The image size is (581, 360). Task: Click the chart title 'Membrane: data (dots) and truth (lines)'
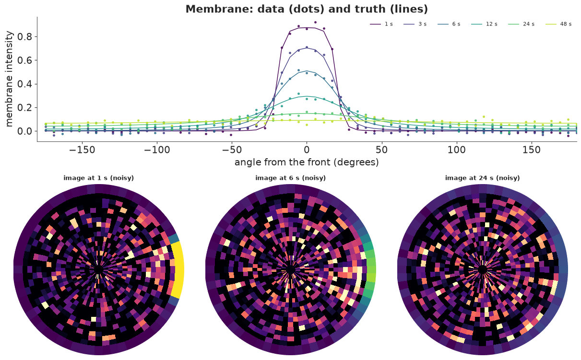click(x=307, y=9)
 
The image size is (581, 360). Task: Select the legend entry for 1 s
click(x=381, y=24)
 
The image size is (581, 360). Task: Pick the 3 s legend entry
click(x=415, y=24)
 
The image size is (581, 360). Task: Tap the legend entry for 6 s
click(x=449, y=24)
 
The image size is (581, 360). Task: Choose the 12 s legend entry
click(x=484, y=24)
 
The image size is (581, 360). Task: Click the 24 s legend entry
click(x=522, y=24)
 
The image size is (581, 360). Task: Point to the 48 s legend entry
click(x=558, y=24)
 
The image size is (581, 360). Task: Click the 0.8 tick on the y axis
click(x=24, y=36)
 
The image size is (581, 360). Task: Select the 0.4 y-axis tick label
click(x=24, y=84)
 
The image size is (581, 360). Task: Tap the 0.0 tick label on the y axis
click(x=24, y=131)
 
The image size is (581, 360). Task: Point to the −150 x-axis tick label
click(x=82, y=150)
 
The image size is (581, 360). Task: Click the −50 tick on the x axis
click(x=232, y=150)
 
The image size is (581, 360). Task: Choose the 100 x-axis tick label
click(x=457, y=150)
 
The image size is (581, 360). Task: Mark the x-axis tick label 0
click(x=307, y=150)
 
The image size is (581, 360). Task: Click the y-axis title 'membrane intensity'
click(x=9, y=79)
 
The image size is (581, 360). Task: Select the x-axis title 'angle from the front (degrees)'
click(x=307, y=163)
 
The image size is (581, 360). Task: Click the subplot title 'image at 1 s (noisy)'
click(x=98, y=178)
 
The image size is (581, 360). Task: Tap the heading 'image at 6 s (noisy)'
click(x=291, y=178)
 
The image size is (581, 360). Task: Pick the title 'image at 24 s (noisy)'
click(x=483, y=178)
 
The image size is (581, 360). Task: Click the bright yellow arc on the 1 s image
click(x=179, y=269)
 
